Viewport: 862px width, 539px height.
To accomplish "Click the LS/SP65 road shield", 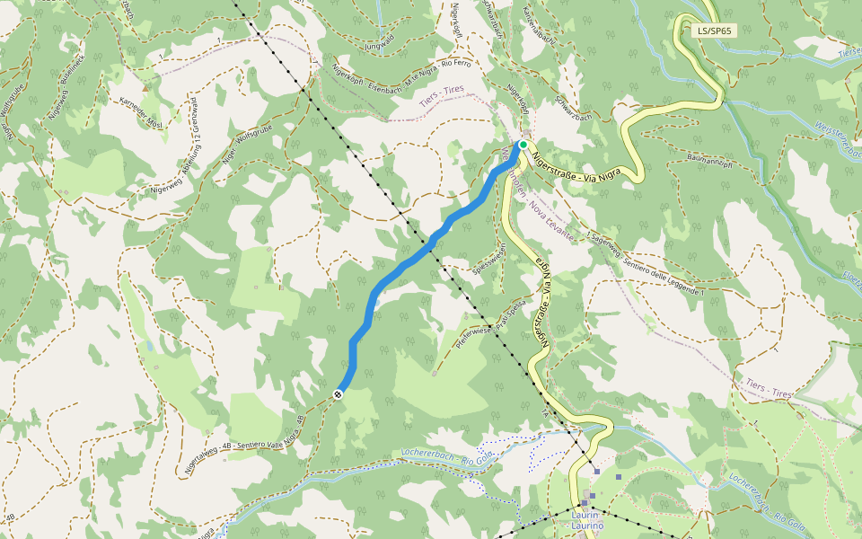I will coord(715,31).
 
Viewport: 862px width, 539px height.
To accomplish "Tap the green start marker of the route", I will coord(523,144).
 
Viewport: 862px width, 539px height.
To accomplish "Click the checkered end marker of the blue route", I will coord(339,394).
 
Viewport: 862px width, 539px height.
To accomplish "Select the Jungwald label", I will coord(380,41).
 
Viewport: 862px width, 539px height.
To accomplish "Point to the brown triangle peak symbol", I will coord(145,89).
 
